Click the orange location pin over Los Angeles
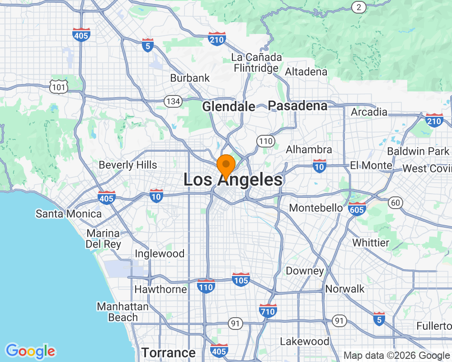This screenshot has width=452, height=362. pos(226,165)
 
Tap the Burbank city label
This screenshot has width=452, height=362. pos(190,78)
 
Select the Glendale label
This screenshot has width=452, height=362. pos(229,107)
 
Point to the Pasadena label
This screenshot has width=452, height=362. pos(297,106)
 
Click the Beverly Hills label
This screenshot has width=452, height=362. pos(128,165)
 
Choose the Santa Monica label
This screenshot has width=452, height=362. pos(69,214)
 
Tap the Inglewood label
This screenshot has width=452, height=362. pos(160,254)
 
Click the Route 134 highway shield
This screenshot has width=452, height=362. pos(173,101)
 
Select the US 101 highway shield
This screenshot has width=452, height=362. pos(59,87)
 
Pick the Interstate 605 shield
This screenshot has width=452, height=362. pos(357,209)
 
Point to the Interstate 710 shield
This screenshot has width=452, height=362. pos(268,310)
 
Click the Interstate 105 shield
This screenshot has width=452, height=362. pos(241,279)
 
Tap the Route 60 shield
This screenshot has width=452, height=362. pos(396,203)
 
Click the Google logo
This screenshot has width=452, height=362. pos(31,351)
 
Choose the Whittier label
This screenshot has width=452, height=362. pos(371,243)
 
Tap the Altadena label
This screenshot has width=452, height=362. pos(306,72)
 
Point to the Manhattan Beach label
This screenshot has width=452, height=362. pos(122,312)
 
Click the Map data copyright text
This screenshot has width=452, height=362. pos(396,356)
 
